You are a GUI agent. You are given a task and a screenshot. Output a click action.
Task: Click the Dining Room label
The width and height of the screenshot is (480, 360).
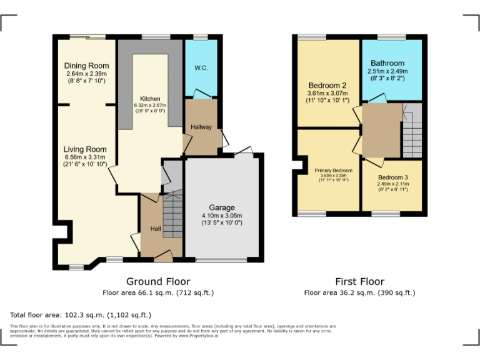86,66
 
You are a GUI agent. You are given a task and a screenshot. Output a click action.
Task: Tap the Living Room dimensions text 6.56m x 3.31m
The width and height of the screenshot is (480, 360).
86,157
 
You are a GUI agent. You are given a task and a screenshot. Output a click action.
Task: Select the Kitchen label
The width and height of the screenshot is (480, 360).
150,99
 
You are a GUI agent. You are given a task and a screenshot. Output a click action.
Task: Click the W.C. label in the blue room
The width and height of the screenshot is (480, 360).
201,67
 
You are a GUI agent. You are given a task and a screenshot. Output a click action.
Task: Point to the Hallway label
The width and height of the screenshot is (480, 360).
201,127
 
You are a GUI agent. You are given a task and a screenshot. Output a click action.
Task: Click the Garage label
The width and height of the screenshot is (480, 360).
222,207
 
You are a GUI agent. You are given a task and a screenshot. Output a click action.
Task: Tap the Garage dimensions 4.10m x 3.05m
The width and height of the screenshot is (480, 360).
222,216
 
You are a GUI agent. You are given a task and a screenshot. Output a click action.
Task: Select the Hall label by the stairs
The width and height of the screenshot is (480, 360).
156,229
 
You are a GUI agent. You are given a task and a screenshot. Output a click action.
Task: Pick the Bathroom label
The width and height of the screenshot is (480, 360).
387,63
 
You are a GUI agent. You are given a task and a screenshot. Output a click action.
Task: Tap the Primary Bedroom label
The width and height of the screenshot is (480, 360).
333,170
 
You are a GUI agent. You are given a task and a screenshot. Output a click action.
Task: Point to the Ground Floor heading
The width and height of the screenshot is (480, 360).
158,282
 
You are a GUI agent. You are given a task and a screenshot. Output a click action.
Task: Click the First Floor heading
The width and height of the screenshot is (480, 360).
359,282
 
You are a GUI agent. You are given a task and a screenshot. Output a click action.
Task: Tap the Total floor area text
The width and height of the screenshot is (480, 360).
81,315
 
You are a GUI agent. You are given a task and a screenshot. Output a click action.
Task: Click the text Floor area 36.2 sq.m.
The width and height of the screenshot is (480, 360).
359,292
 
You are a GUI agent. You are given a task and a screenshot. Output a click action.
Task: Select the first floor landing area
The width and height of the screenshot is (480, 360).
381,130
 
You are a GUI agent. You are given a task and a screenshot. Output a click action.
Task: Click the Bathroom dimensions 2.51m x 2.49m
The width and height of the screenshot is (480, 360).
387,72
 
